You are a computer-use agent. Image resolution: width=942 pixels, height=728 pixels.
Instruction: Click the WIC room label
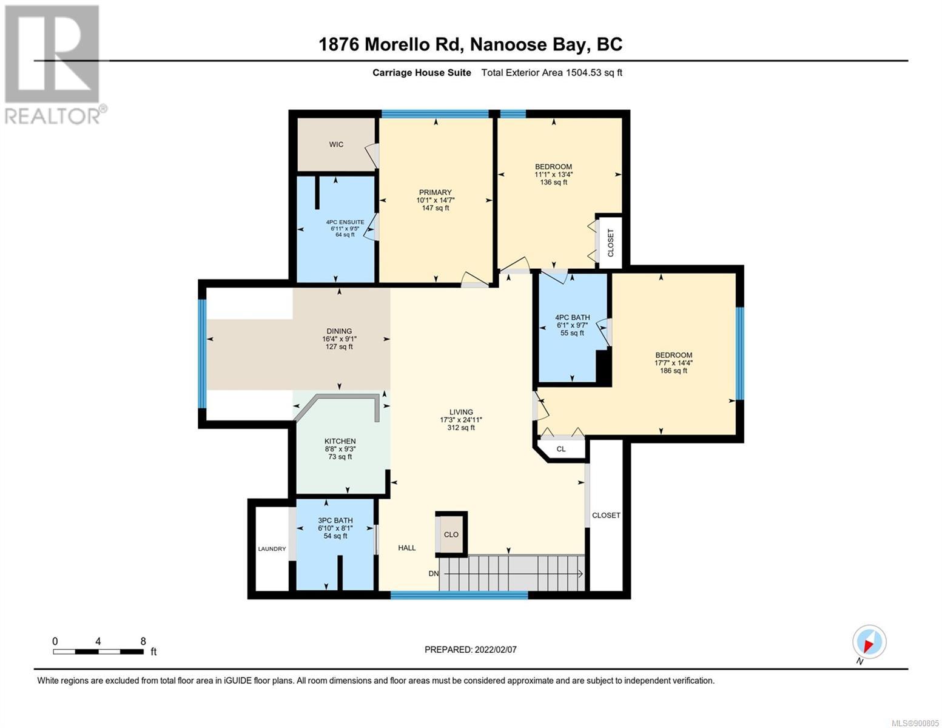336,144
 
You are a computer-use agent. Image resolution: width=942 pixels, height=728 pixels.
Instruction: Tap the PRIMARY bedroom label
436,192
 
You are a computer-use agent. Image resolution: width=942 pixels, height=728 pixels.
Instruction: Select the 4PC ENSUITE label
345,222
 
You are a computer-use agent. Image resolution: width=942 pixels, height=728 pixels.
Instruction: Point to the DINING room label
339,331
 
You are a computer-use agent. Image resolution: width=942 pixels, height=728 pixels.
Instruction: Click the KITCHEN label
340,441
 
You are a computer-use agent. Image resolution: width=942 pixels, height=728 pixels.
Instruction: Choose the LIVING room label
461,412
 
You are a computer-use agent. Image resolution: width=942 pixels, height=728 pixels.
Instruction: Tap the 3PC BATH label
335,521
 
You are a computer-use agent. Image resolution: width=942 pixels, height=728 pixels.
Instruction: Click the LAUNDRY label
272,549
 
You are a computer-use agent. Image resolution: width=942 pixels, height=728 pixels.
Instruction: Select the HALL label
406,548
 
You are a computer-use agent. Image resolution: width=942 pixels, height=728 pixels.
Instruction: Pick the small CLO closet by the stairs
451,534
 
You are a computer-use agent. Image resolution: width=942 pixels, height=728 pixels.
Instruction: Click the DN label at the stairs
434,574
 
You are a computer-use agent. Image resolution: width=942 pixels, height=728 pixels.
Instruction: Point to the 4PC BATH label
572,317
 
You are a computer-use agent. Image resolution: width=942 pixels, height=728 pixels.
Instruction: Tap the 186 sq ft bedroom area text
673,371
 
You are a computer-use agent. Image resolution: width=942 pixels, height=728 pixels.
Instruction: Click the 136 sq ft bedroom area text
553,183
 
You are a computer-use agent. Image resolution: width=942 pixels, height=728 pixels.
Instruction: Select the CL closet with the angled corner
561,449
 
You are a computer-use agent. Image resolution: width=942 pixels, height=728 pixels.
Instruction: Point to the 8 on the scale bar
143,641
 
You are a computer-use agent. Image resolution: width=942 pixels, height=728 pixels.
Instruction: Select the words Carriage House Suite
422,72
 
